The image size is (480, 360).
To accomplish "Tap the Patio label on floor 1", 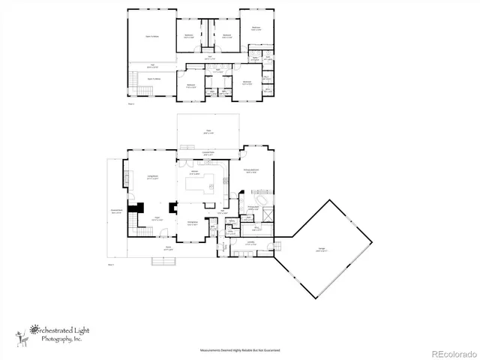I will (x=208, y=132).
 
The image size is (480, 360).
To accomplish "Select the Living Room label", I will (x=151, y=178).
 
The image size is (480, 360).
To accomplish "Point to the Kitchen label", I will (x=193, y=173).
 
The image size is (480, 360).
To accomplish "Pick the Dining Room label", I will (x=192, y=221).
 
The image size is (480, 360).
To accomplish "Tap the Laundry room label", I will (x=250, y=243).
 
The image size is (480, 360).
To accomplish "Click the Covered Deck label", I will (x=116, y=211).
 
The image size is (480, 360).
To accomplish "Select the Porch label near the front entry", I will (x=168, y=249).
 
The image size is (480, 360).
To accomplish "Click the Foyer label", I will (x=158, y=219).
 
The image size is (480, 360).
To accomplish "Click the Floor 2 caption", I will (x=131, y=103).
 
